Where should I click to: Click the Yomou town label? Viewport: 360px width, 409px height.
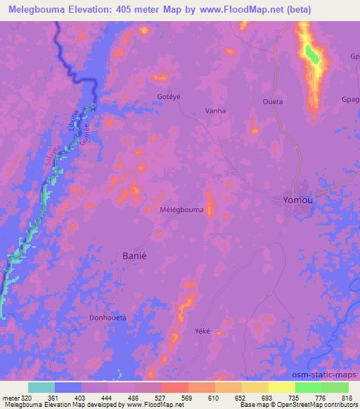click(297, 200)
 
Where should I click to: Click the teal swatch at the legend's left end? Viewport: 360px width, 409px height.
click(41, 387)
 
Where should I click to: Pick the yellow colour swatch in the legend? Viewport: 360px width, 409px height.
click(282, 387)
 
